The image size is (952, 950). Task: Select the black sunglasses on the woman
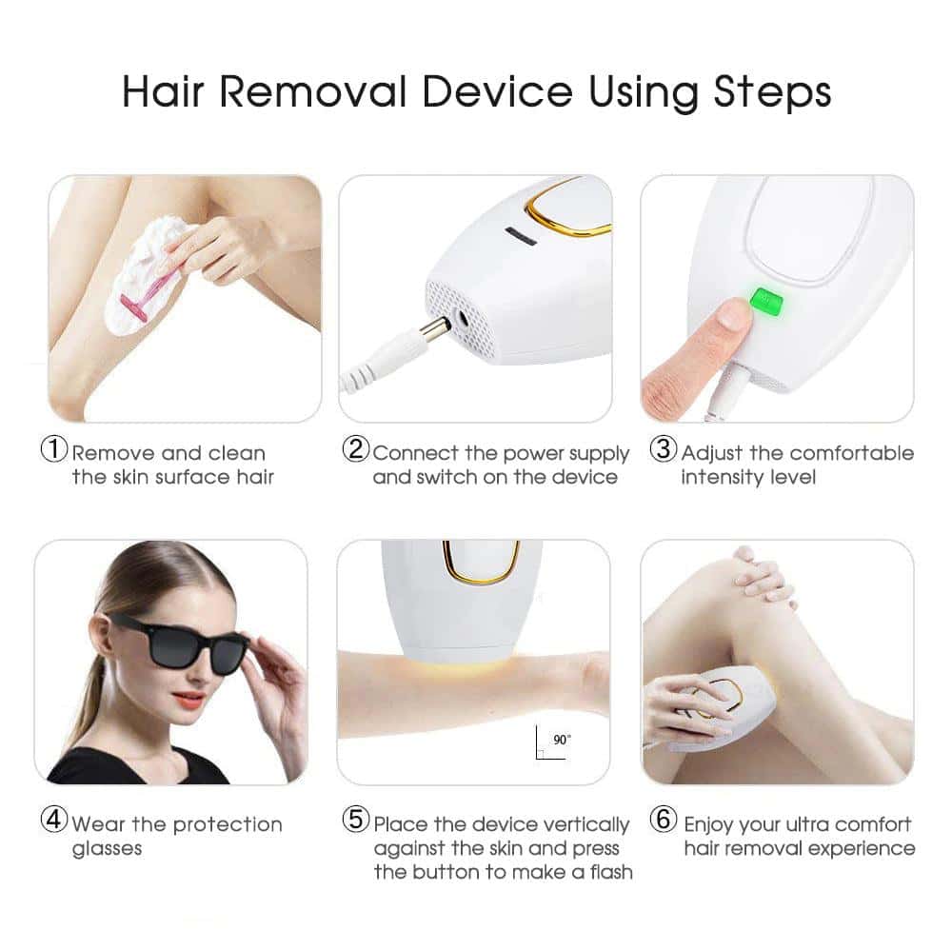(180, 643)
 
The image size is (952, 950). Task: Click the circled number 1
(53, 451)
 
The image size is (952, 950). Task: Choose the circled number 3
(663, 451)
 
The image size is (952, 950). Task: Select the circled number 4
(53, 822)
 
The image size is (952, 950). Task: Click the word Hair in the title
(167, 92)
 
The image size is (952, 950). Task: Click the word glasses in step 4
(106, 848)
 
